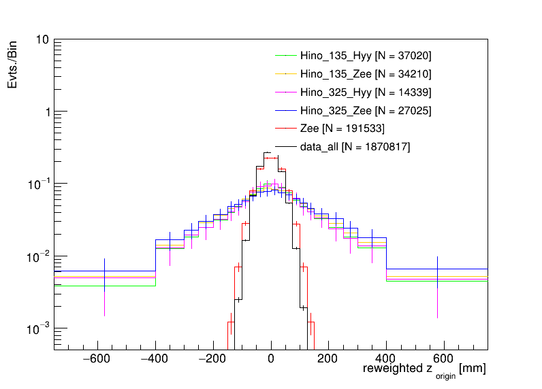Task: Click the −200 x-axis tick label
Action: [212, 359]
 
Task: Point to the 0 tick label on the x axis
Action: [271, 359]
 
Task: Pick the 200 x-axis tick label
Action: [329, 359]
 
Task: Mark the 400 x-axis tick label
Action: [387, 359]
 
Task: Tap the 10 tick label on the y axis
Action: [41, 40]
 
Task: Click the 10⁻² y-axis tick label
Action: [38, 256]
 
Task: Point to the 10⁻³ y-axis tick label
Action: [38, 329]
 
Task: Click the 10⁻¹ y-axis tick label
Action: [38, 184]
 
